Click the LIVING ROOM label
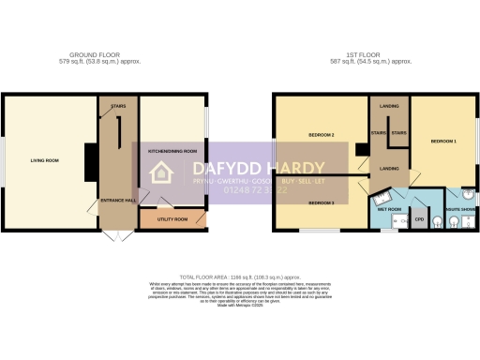tap(44, 160)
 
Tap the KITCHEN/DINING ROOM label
tap(172, 150)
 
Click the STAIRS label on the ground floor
tap(118, 106)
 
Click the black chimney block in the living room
tap(90, 160)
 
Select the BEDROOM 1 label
tap(443, 141)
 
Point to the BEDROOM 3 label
tap(322, 202)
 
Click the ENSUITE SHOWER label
tap(459, 209)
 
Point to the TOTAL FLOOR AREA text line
tap(240, 278)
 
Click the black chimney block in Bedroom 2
tap(360, 149)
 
